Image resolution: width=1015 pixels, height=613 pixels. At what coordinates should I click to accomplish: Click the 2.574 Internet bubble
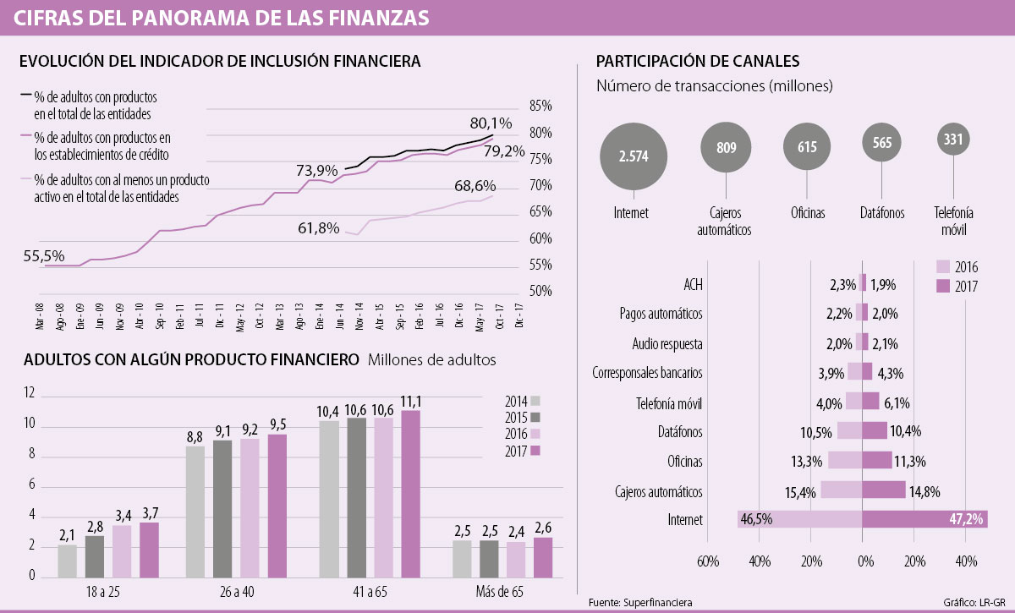634,157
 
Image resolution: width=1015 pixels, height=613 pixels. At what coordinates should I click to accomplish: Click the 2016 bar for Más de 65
516,559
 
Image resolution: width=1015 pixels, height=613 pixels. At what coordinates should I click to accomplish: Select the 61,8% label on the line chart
318,227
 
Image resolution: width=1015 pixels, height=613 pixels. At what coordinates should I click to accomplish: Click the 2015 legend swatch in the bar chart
536,417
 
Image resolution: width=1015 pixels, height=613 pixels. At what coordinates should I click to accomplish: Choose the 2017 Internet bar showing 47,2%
924,518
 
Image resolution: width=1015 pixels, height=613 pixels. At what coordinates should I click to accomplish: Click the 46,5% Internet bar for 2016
799,518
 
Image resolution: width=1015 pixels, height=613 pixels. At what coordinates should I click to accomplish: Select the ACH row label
693,283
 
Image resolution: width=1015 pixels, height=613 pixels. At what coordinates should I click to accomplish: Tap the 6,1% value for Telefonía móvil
903,402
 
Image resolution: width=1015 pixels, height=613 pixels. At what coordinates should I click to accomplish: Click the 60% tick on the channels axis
708,561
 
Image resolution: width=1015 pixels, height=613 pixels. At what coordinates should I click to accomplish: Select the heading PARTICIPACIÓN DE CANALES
697,61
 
